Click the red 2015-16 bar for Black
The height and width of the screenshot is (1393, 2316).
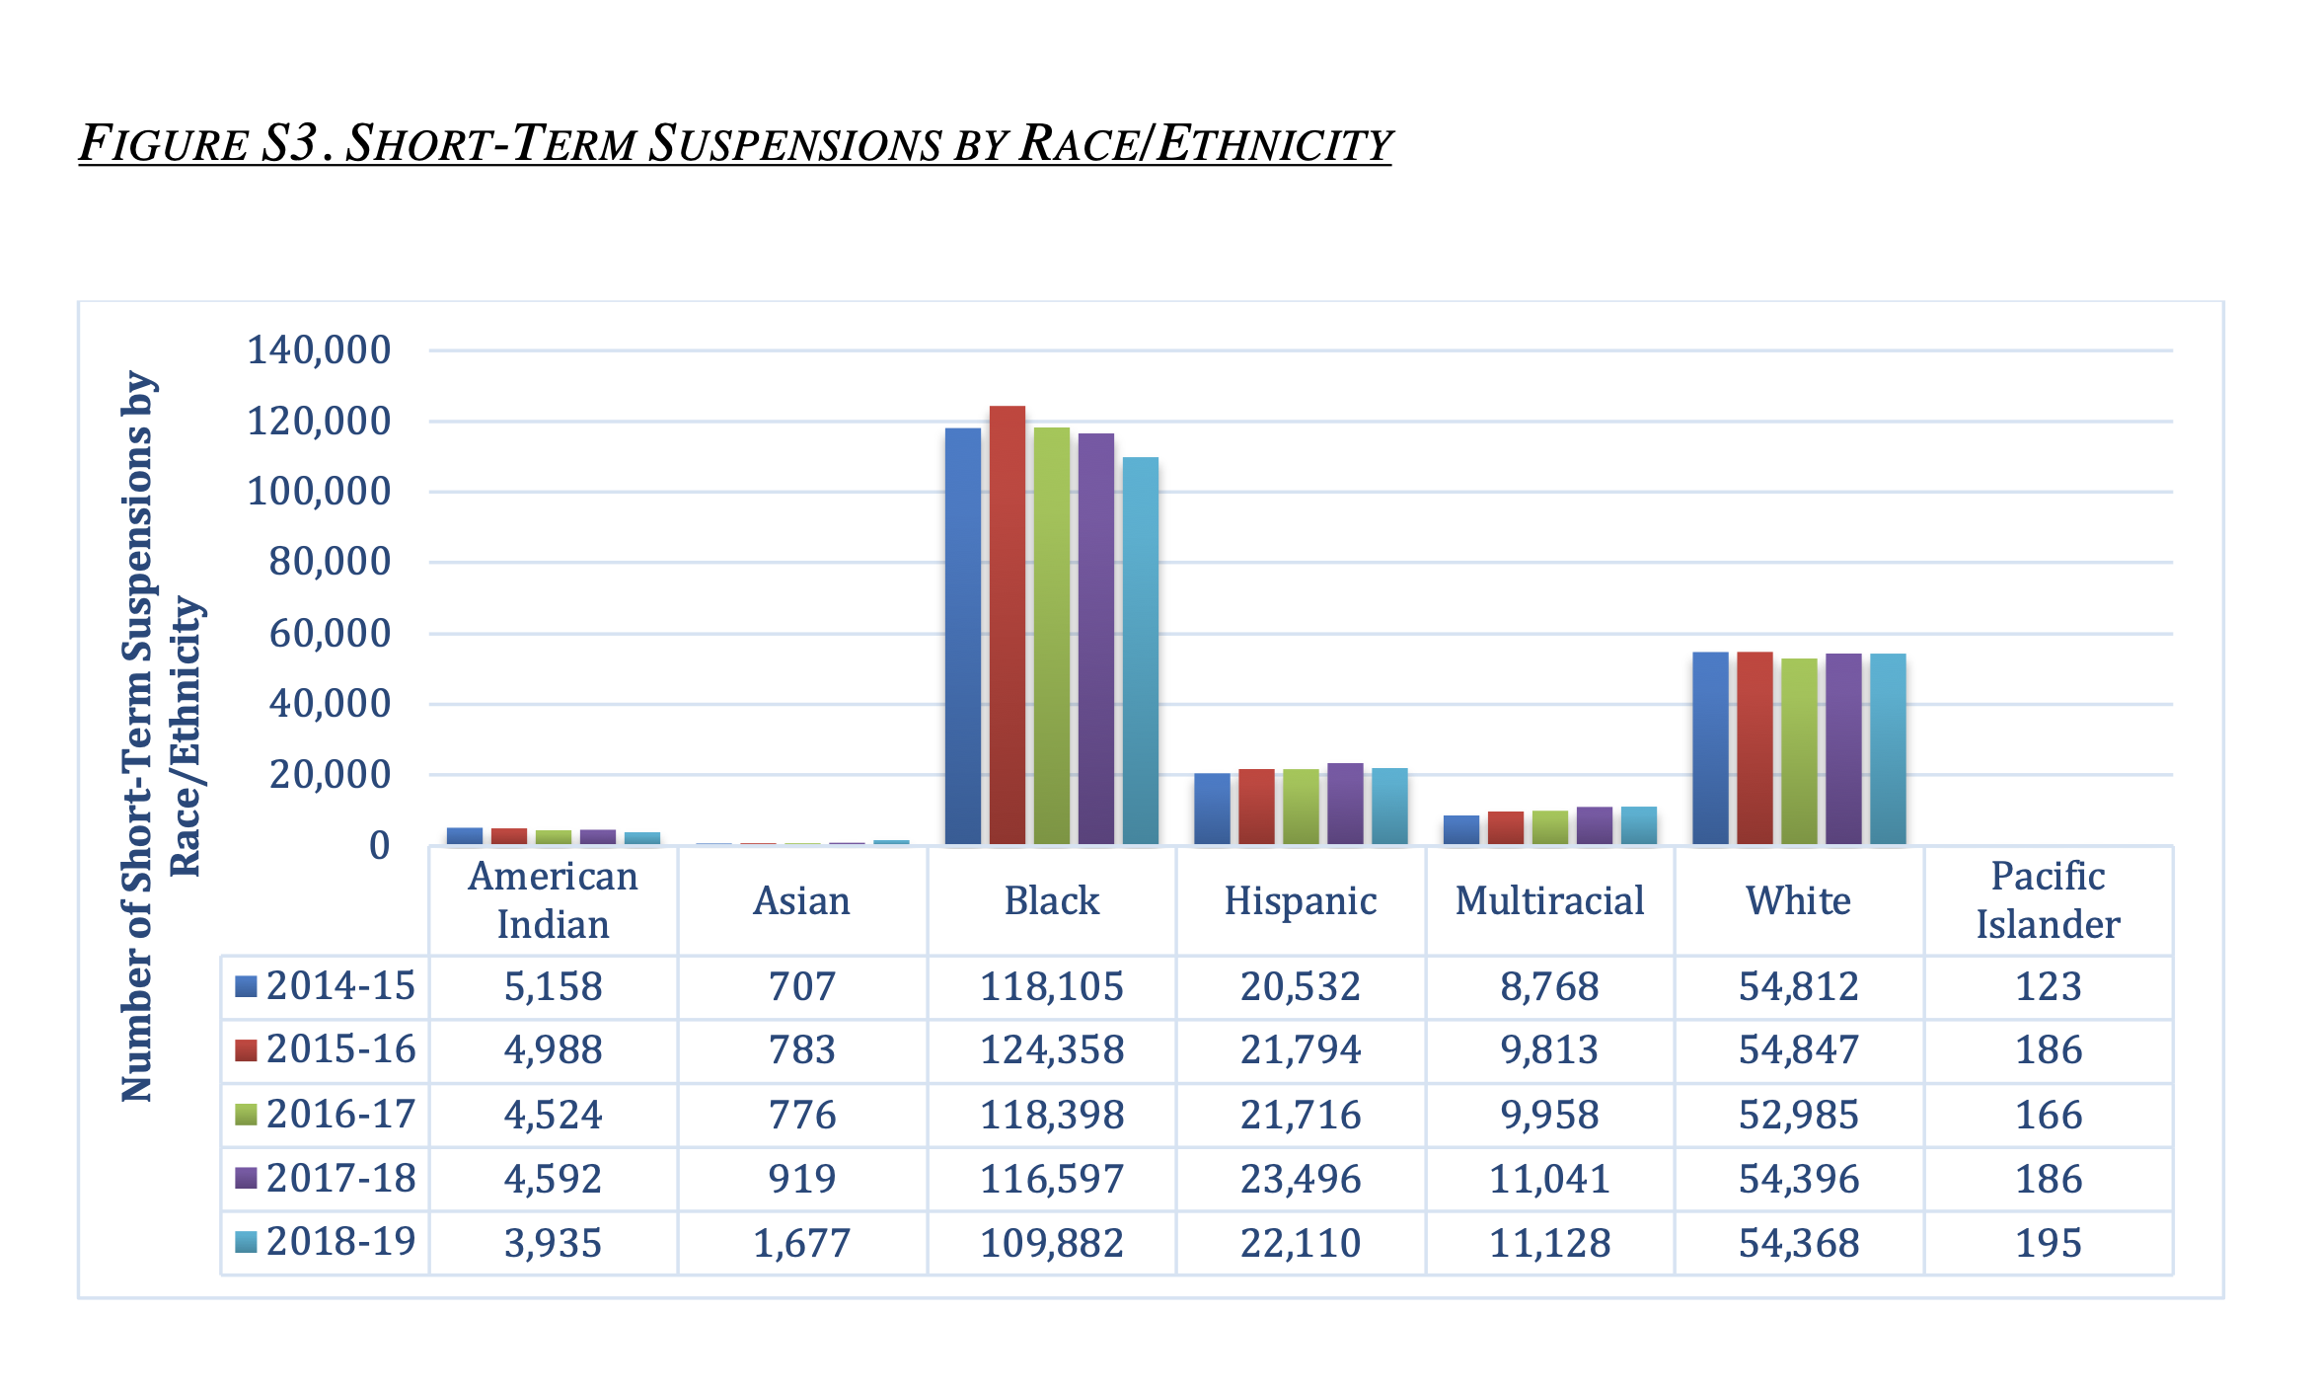1008,625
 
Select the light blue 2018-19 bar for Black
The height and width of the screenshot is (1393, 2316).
1141,651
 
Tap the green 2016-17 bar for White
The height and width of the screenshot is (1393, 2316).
1799,751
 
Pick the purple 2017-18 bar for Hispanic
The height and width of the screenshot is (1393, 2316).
1345,804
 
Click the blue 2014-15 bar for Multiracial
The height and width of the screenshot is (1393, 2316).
1461,830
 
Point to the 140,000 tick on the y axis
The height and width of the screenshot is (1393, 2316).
319,349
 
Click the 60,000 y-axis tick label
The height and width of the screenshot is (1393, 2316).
330,633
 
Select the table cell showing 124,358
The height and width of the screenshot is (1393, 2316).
1052,1049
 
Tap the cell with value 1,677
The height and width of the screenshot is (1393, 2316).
802,1243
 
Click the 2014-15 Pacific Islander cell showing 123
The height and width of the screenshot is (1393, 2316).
2049,986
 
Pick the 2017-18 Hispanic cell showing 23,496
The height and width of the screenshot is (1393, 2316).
1301,1179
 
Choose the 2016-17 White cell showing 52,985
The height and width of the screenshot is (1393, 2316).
1799,1115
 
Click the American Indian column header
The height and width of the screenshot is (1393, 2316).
554,900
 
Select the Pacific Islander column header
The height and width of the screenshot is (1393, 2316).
2049,900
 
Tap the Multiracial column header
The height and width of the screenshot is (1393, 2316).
1550,900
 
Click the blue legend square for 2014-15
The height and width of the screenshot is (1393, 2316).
246,986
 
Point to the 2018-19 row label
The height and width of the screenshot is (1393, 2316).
341,1242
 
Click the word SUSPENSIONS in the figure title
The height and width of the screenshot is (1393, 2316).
794,143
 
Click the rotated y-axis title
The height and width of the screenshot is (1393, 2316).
162,736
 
